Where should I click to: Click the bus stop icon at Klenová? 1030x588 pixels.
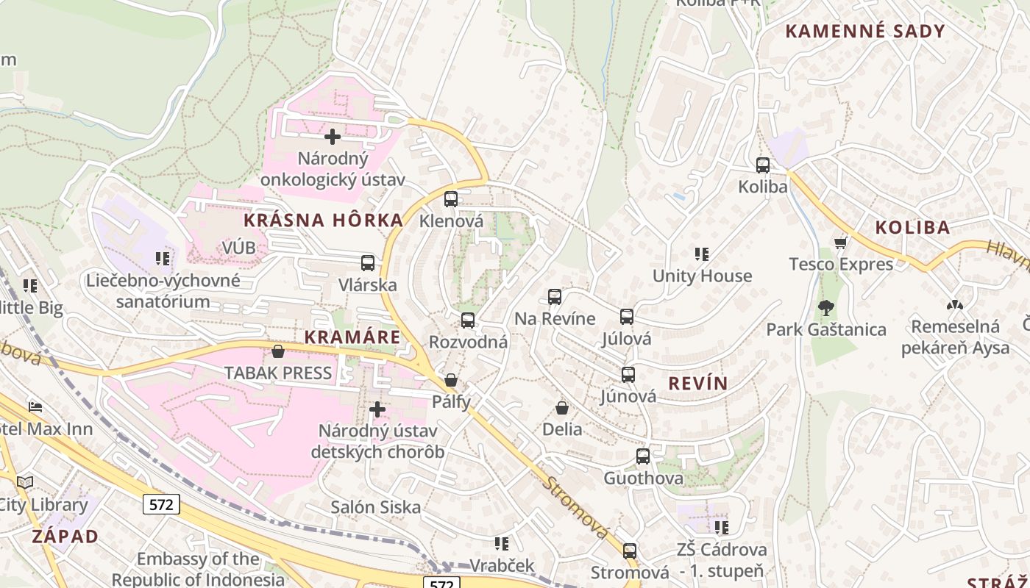[x=451, y=199]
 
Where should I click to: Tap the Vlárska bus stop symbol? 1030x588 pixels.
[x=367, y=263]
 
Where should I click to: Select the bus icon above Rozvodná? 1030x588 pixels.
[x=468, y=320]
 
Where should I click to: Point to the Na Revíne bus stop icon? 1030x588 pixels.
[x=555, y=297]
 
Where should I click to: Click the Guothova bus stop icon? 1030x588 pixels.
[x=643, y=456]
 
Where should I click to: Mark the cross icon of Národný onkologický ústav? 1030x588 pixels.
[x=333, y=137]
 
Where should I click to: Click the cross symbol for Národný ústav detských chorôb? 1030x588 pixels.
[x=377, y=409]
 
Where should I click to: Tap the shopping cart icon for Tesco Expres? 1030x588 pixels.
[x=841, y=243]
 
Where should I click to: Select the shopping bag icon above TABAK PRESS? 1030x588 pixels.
[x=278, y=352]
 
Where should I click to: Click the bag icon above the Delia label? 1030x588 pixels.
[x=562, y=408]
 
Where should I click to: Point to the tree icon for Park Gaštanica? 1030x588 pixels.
[x=826, y=307]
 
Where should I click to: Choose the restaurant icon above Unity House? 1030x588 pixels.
[x=702, y=254]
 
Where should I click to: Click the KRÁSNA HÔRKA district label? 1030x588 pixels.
[x=324, y=220]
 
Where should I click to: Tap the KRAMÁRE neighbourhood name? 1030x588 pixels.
[x=352, y=337]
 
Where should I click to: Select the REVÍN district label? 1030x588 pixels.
[x=697, y=383]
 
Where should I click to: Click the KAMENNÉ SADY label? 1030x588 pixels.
[x=864, y=31]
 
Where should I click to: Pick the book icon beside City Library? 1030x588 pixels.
[x=26, y=483]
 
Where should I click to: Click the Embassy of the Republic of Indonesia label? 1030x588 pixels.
[x=198, y=569]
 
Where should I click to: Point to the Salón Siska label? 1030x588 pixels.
[x=375, y=507]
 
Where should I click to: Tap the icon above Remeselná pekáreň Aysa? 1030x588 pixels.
[x=955, y=305]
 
